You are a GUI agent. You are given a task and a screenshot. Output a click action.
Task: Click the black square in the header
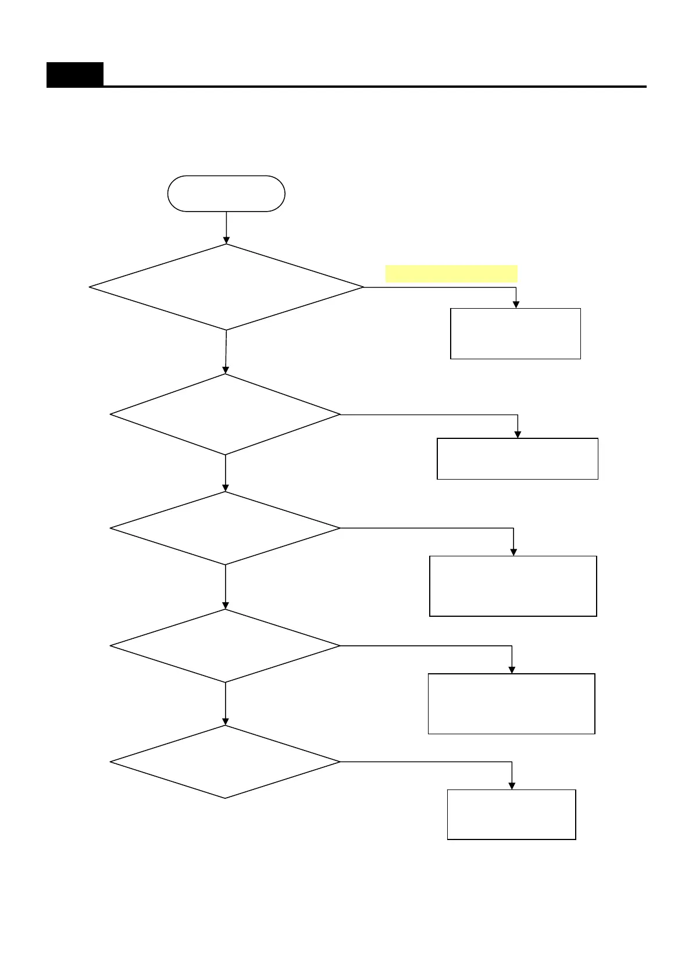75,74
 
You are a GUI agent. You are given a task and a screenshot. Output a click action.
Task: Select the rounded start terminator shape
226,194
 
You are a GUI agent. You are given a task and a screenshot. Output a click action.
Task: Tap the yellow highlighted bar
451,273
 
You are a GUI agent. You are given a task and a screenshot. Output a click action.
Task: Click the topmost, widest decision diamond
226,287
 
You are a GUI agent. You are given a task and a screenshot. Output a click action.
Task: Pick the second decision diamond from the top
225,415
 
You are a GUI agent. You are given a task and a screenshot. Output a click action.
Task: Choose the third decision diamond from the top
225,528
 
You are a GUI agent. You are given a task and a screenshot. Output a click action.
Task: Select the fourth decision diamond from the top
225,646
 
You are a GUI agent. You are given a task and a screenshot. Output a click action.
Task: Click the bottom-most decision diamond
225,762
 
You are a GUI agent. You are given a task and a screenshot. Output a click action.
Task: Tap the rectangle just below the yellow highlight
515,334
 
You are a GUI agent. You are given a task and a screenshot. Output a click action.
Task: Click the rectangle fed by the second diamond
518,459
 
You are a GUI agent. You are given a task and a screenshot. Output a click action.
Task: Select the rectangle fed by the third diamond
513,586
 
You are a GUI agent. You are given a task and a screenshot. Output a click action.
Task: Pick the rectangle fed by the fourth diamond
512,704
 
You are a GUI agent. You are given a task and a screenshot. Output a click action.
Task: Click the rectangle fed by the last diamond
512,814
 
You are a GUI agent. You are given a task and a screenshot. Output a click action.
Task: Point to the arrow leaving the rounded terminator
226,227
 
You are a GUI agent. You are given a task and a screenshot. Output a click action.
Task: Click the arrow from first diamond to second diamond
226,352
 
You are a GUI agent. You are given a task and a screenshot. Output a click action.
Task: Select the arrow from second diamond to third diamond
226,473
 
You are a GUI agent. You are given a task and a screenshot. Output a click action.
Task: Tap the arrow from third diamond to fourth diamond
226,587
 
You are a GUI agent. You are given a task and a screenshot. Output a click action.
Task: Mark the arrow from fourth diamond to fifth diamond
226,704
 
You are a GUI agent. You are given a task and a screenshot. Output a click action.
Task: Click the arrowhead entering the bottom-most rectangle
512,785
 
